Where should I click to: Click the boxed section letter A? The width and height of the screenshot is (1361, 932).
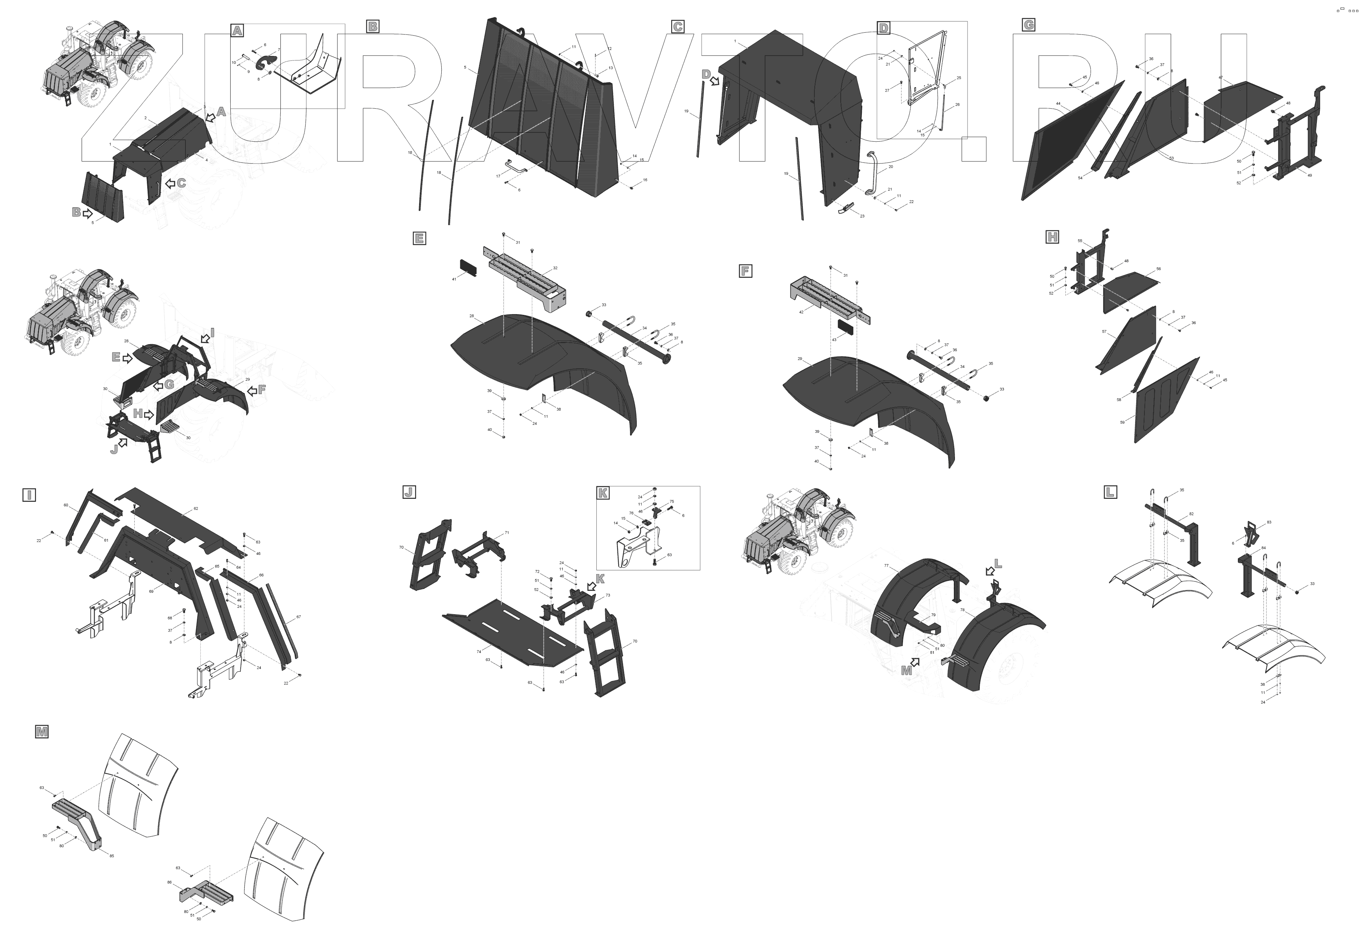(237, 30)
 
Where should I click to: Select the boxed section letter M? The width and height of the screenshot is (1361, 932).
(42, 732)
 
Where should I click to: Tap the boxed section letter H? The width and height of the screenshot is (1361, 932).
(1052, 237)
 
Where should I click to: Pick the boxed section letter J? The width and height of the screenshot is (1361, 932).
(409, 492)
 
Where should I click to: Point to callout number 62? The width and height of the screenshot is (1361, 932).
(195, 508)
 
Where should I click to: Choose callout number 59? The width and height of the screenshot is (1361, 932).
(1122, 422)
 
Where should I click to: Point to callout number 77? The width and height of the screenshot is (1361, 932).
(887, 566)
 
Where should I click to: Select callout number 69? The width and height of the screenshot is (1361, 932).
(151, 592)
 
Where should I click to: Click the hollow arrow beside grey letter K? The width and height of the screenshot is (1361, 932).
(591, 586)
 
